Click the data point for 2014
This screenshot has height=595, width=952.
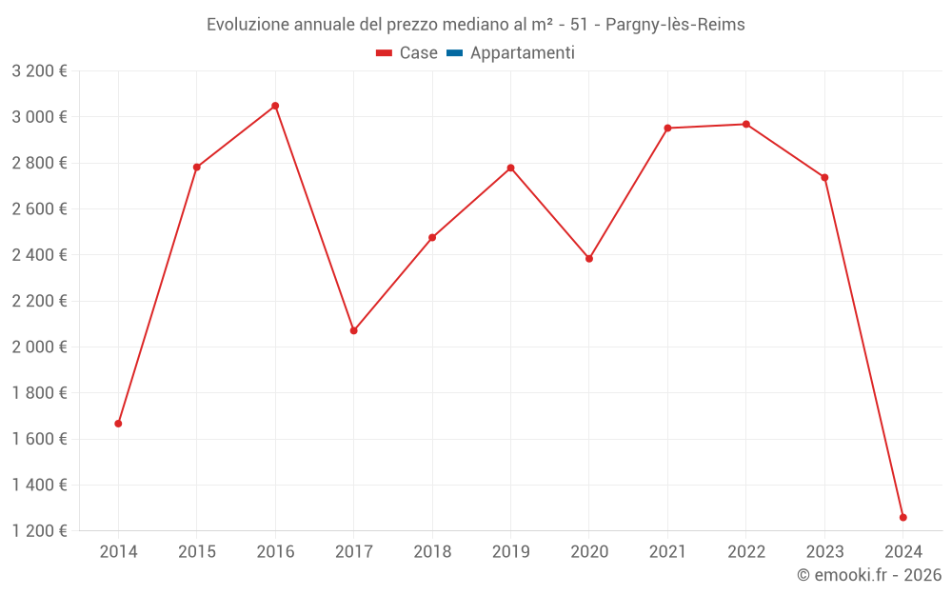tap(118, 424)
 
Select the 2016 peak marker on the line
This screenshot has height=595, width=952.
tap(275, 106)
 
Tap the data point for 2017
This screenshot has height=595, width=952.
tap(353, 330)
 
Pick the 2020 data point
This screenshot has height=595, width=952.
tap(589, 259)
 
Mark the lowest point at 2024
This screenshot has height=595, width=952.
tap(903, 518)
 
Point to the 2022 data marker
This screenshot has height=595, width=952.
tap(746, 124)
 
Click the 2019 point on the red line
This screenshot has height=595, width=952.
tap(510, 169)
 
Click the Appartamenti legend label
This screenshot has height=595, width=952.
tap(522, 53)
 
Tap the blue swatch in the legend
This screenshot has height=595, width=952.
tap(454, 53)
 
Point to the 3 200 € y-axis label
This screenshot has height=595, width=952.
tap(39, 71)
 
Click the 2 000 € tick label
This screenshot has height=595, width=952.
tap(39, 347)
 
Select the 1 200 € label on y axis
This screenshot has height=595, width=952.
tap(39, 530)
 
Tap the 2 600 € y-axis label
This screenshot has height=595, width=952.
tap(39, 208)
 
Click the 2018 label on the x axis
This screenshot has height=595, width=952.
tap(432, 552)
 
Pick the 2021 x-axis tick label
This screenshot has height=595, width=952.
tap(667, 552)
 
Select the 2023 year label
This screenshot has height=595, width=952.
tap(824, 552)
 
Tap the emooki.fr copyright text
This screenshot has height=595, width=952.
tap(868, 575)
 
